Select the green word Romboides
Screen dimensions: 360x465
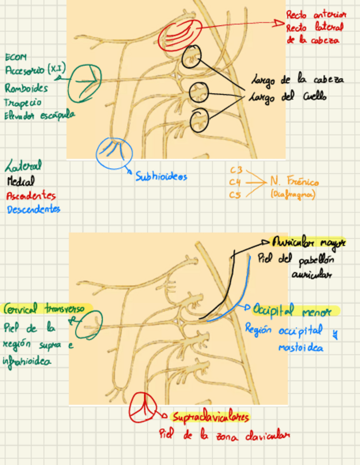click(26, 88)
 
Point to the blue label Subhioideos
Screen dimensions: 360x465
click(161, 177)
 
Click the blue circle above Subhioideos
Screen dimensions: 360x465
click(114, 152)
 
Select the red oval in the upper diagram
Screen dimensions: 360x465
click(179, 35)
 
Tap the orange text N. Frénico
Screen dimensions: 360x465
click(294, 182)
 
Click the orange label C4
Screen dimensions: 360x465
click(235, 182)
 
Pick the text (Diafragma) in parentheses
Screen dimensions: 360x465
click(293, 194)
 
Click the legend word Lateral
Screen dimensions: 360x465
click(24, 165)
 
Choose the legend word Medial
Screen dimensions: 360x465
click(21, 180)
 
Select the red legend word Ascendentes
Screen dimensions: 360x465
click(31, 195)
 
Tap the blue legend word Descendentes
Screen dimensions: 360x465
click(33, 209)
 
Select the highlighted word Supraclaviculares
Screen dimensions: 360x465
click(210, 418)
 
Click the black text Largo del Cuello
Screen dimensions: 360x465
click(288, 98)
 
